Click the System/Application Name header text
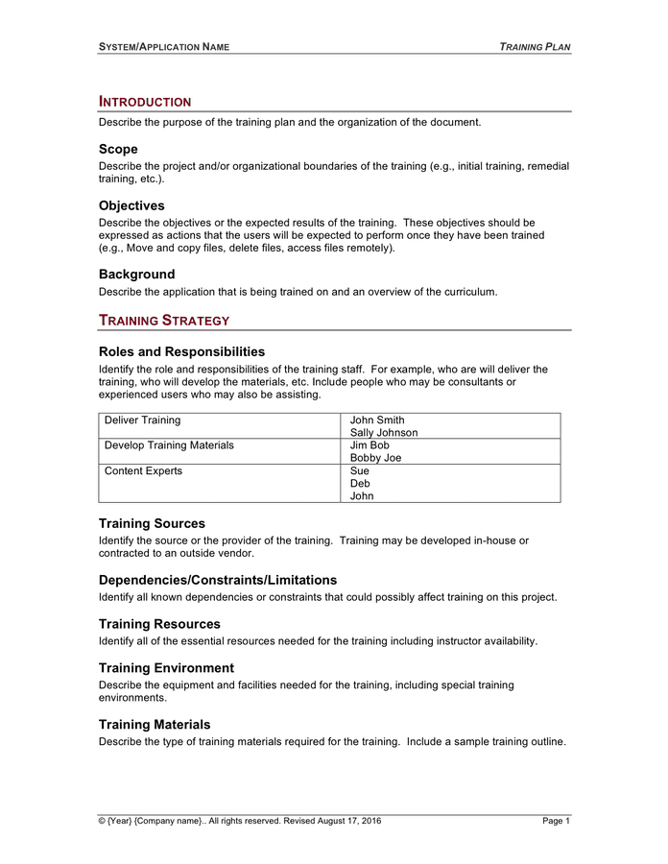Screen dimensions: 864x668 pyautogui.click(x=163, y=46)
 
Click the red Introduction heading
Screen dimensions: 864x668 pyautogui.click(x=144, y=102)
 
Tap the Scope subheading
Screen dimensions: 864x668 pyautogui.click(x=118, y=149)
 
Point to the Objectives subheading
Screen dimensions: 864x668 pyautogui.click(x=131, y=205)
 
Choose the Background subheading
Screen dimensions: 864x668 pyautogui.click(x=136, y=274)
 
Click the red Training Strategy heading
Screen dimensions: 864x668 pyautogui.click(x=164, y=320)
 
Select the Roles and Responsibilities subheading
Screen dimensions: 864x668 pyautogui.click(x=181, y=351)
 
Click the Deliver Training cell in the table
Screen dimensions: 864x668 pyautogui.click(x=142, y=420)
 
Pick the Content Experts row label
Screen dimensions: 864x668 pyautogui.click(x=143, y=470)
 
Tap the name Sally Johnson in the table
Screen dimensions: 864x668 pyautogui.click(x=384, y=433)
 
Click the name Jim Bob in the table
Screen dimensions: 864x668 pyautogui.click(x=370, y=445)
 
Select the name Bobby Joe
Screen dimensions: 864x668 pyautogui.click(x=375, y=458)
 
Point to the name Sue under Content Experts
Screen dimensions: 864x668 pyautogui.click(x=360, y=470)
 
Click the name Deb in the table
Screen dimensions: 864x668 pyautogui.click(x=360, y=484)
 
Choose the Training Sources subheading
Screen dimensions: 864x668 pyautogui.click(x=152, y=523)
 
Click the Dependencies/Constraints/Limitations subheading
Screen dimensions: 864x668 pyautogui.click(x=218, y=580)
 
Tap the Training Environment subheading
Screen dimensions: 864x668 pyautogui.click(x=166, y=668)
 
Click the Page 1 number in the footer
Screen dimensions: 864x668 pyautogui.click(x=556, y=821)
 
